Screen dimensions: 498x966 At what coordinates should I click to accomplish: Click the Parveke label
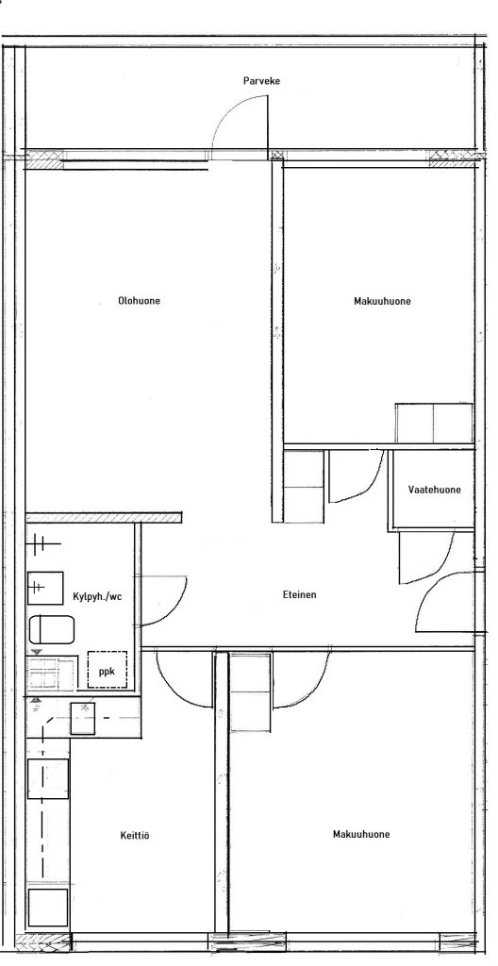[261, 81]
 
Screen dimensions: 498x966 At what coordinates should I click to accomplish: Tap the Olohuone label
[140, 301]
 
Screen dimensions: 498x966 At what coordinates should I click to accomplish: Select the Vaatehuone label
[434, 490]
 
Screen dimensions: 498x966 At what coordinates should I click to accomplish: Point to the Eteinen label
[300, 595]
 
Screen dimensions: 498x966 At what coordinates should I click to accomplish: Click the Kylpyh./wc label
[97, 596]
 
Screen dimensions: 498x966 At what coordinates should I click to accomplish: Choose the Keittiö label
[134, 836]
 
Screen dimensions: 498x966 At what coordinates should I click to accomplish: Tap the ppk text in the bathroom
[108, 672]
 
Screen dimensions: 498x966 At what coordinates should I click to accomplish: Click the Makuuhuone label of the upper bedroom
[382, 301]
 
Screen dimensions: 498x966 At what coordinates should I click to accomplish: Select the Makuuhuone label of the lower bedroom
[361, 834]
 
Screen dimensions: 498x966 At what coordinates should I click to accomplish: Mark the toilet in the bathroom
[52, 629]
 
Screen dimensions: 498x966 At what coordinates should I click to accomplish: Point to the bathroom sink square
[45, 588]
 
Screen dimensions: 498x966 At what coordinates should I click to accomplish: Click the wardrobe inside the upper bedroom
[434, 423]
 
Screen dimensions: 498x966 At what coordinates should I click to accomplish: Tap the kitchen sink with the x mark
[83, 718]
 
